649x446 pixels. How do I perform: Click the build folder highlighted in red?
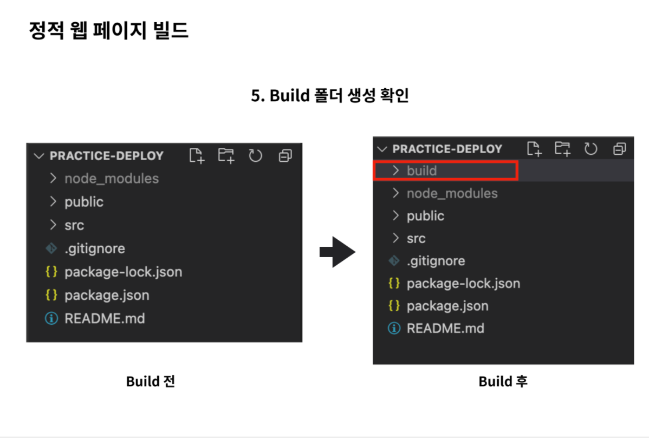pos(421,170)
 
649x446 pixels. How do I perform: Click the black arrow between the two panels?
pos(337,252)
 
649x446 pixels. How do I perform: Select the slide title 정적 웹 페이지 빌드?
pos(108,30)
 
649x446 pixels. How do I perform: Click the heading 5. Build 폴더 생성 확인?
pos(329,95)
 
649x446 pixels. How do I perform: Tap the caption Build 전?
pos(150,381)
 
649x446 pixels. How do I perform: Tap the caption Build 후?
pos(503,381)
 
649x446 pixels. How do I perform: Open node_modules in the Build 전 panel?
pos(112,179)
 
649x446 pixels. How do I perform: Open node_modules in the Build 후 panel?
pos(452,193)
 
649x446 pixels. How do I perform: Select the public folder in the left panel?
pos(84,202)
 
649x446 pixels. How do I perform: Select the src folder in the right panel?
pos(416,238)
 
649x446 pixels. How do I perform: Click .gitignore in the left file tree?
pos(95,248)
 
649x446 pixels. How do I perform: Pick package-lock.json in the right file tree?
pos(463,283)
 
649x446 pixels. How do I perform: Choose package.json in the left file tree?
pos(107,295)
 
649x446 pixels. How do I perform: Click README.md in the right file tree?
pos(445,328)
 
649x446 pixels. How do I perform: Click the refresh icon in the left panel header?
pos(255,156)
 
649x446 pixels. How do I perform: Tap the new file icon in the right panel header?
pos(534,148)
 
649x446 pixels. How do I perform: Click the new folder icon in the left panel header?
pos(226,156)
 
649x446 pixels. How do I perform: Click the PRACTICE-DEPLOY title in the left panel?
pos(106,156)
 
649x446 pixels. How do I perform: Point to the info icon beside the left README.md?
pos(51,318)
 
